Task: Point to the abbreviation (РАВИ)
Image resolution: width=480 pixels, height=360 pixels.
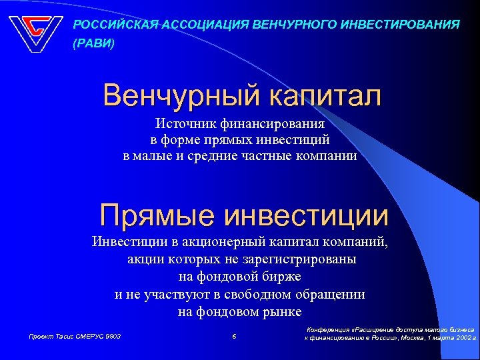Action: coord(93,44)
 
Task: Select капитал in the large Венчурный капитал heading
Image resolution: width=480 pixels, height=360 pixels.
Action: coord(325,96)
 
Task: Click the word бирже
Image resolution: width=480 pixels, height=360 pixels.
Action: coord(283,277)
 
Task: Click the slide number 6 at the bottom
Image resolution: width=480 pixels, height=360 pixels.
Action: coord(234,337)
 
